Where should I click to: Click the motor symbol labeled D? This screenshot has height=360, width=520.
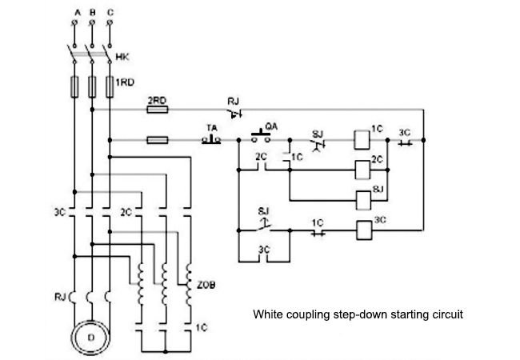pos(90,338)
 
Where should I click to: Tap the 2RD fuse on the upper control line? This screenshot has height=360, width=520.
pos(158,110)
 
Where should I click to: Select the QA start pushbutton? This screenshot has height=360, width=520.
pos(261,137)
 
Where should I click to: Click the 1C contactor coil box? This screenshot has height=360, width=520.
pos(362,140)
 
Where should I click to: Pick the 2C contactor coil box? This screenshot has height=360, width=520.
pos(362,170)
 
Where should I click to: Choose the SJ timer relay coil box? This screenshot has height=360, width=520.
pos(363,201)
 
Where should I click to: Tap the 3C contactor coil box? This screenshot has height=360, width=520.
pos(364,230)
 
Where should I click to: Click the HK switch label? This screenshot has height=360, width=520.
pos(122,57)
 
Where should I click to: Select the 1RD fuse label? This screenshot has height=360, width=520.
pos(125,82)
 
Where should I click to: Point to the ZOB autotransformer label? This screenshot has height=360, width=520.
pos(206,285)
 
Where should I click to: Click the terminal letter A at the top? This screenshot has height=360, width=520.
pos(78,13)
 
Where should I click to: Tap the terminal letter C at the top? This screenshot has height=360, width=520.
pos(110,13)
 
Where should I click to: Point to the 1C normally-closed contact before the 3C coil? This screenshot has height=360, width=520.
pos(318,233)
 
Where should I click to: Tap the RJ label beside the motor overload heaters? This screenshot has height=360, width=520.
pos(60,297)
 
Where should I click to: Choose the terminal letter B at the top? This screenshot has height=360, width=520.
pos(93,13)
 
